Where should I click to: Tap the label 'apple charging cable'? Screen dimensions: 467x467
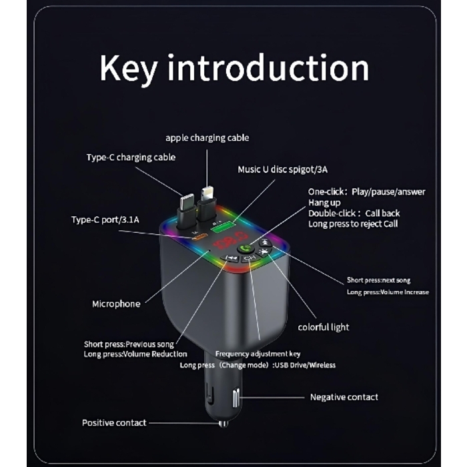[x=207, y=138]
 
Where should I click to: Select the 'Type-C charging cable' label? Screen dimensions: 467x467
[x=131, y=157]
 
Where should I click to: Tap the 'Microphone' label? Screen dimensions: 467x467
[x=116, y=304]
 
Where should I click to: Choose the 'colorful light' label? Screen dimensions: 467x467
[x=324, y=328]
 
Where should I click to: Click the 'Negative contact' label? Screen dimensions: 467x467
[x=344, y=397]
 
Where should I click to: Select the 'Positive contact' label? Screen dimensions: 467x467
[x=113, y=422]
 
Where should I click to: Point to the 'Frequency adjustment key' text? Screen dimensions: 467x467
[x=253, y=354]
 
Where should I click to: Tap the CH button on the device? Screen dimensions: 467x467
[x=250, y=259]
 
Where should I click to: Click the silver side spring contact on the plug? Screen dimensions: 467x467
[x=236, y=398]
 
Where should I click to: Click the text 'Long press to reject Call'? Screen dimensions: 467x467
[x=353, y=223]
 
